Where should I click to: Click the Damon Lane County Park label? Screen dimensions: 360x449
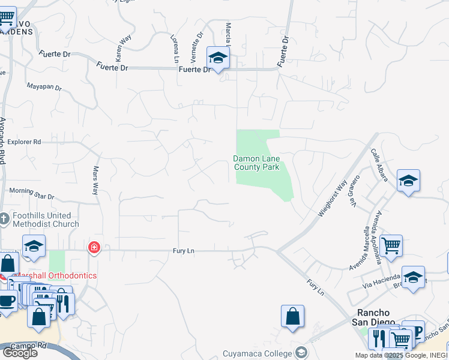click(256, 163)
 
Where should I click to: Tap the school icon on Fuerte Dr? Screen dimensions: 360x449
click(218, 58)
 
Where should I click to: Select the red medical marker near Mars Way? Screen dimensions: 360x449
click(94, 247)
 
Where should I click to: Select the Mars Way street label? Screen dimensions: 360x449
click(95, 181)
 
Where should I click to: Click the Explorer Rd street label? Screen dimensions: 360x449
click(25, 142)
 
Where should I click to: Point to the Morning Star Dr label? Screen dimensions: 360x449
click(31, 195)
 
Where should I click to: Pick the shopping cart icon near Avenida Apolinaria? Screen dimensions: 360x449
click(391, 245)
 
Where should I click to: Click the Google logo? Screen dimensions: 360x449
click(20, 352)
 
